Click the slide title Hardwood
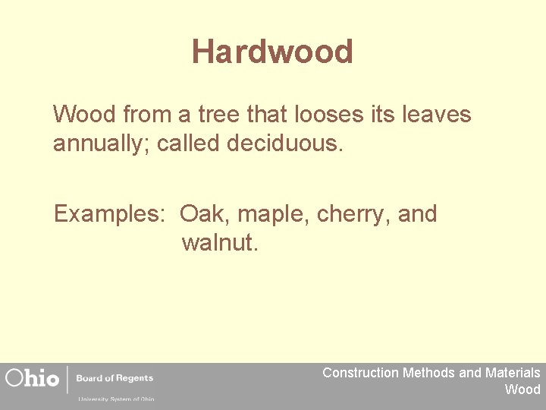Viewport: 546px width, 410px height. [272, 52]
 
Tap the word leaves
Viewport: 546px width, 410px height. [436, 115]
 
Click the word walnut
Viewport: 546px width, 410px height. [220, 243]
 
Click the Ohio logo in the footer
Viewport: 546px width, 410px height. [32, 378]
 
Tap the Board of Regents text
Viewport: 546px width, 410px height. [115, 378]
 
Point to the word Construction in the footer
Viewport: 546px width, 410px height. [360, 373]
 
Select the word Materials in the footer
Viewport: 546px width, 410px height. [513, 373]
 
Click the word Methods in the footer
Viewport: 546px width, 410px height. [428, 373]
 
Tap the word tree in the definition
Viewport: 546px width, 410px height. [223, 115]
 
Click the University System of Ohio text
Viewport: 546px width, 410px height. [115, 398]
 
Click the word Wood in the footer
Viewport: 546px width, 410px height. [522, 389]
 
